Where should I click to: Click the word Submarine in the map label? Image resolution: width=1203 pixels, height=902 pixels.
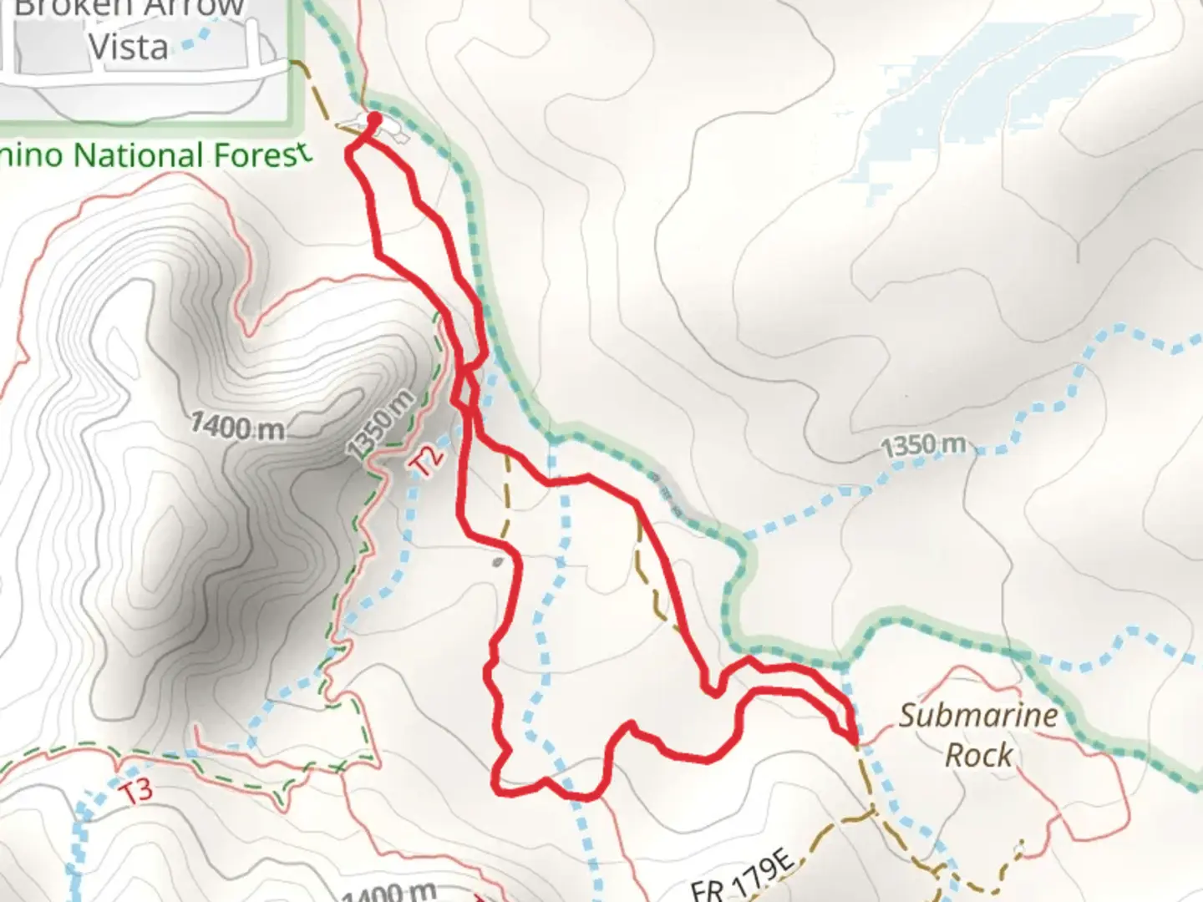tap(977, 716)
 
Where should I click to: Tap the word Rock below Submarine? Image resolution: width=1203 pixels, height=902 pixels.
tap(978, 755)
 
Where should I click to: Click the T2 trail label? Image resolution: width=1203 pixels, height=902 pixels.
tap(429, 461)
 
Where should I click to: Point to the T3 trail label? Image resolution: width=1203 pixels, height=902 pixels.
tap(136, 789)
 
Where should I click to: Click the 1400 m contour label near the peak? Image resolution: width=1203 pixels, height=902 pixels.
tap(237, 427)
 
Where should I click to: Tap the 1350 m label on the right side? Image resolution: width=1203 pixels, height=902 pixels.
tap(923, 445)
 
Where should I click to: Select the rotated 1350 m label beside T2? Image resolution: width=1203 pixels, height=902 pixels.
tap(381, 425)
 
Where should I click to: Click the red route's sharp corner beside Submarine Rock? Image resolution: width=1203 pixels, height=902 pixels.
tap(853, 740)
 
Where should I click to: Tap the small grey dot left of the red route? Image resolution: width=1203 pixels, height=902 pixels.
tap(498, 562)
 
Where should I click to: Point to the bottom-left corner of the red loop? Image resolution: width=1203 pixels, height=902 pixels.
tap(499, 788)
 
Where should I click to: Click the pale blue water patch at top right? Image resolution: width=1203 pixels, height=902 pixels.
tap(961, 100)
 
